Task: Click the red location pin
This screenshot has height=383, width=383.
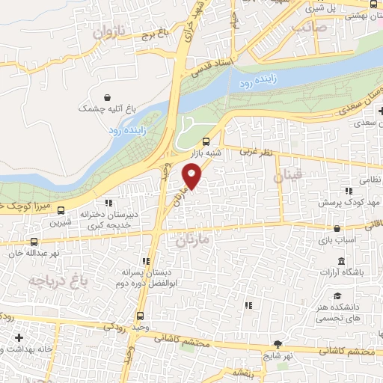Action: pyautogui.click(x=192, y=177)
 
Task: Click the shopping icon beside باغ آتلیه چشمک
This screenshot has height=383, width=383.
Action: pyautogui.click(x=109, y=97)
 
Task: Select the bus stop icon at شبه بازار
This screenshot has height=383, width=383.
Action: pyautogui.click(x=206, y=141)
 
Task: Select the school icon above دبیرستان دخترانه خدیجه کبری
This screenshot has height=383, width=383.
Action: pyautogui.click(x=109, y=201)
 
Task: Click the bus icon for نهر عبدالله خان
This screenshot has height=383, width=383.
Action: pyautogui.click(x=34, y=242)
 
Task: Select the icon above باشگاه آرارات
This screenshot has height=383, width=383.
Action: pyautogui.click(x=341, y=260)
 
